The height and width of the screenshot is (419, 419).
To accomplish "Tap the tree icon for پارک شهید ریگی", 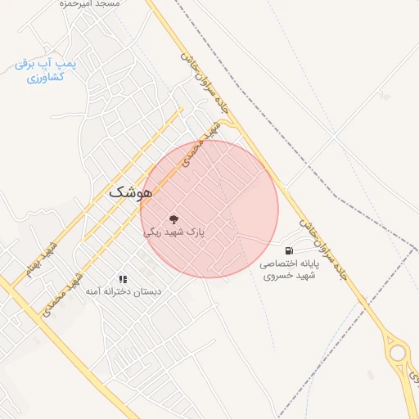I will click(173, 219).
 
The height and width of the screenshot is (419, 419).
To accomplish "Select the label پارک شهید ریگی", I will click(173, 232).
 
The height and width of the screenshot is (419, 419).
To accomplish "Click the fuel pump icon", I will click(289, 250).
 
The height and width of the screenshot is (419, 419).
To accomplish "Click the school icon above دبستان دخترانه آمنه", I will click(123, 279).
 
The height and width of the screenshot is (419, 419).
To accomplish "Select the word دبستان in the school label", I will click(148, 292).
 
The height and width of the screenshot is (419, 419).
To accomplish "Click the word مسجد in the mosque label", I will click(106, 4).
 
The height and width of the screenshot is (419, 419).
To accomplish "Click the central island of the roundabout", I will click(399, 353).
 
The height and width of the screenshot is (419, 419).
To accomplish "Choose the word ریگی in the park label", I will click(153, 232).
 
